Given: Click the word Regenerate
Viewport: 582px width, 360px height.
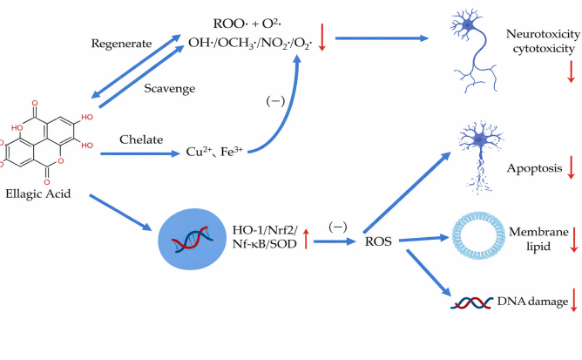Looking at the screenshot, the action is pos(121,44).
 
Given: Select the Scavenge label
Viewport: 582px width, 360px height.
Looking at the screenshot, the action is pos(169,88).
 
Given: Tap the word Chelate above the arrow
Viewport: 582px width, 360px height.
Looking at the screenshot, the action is pos(141,139).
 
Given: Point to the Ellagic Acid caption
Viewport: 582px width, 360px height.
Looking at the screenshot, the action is pos(37,194).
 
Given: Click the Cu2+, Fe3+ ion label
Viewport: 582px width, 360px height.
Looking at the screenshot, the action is pos(214,152).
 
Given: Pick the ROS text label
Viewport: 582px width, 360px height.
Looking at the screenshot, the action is pos(378,241).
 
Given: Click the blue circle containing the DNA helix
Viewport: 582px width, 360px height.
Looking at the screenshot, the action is pos(192,239).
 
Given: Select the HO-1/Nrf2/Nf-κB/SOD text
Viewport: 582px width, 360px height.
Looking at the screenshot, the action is pos(265,236).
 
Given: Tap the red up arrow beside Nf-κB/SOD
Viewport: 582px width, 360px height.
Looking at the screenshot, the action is pos(306,239).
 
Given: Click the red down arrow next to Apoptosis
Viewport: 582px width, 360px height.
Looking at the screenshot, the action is pos(572,167).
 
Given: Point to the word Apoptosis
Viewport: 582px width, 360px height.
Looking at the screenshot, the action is pos(534,168).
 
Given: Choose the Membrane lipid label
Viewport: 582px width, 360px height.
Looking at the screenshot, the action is pos(538,239).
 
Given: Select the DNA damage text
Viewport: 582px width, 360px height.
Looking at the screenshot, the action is pos(532,302).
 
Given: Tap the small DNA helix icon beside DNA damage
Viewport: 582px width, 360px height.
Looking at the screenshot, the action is pos(471,302).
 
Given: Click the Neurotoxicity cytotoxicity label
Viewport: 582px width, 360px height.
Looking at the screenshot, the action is pos(543,41).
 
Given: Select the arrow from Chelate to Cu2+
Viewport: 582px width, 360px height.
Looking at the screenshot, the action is pos(140,153).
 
